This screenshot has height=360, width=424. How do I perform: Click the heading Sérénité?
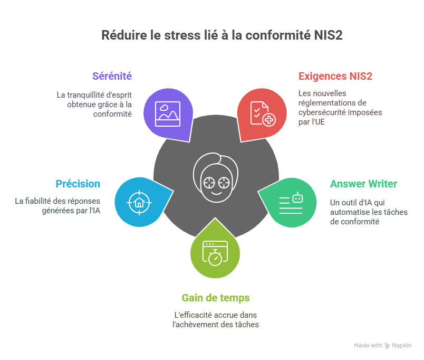coord(112,76)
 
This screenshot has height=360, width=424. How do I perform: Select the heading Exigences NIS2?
coord(335,76)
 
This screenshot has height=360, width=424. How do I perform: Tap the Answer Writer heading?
coord(363,184)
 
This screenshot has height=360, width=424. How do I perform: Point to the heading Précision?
coord(78,184)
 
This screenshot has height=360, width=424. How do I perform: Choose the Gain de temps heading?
coord(216,298)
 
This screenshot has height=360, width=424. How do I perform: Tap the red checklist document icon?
coord(262,113)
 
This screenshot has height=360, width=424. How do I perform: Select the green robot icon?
coord(291,202)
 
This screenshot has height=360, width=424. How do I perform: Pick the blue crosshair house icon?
coord(139,202)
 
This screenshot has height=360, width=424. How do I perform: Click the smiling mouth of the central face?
coord(217,193)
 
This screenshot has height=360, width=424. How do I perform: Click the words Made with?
coord(368,346)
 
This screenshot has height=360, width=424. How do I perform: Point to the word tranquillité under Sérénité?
coord(86,95)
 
